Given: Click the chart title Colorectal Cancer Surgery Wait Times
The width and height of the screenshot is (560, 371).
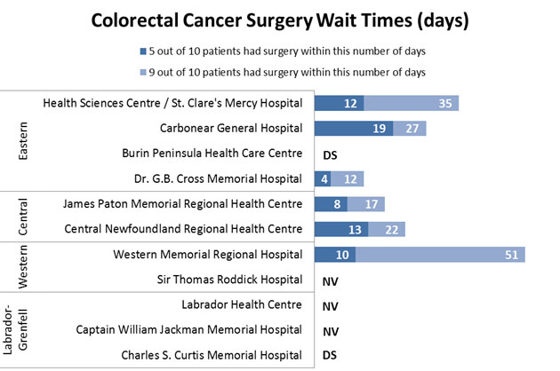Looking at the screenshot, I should [281, 19].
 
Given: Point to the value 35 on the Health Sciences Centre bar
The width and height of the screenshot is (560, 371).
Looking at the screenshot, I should [449, 104].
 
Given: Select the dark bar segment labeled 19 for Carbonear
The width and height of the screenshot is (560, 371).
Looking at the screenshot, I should [354, 129].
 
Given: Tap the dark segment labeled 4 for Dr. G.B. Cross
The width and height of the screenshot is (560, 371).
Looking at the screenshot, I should [324, 179].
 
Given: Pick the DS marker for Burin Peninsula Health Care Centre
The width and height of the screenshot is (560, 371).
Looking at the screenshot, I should [330, 154].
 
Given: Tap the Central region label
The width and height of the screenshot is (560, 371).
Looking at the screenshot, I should [24, 217].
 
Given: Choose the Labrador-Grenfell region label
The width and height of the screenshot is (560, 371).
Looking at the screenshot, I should [24, 331].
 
